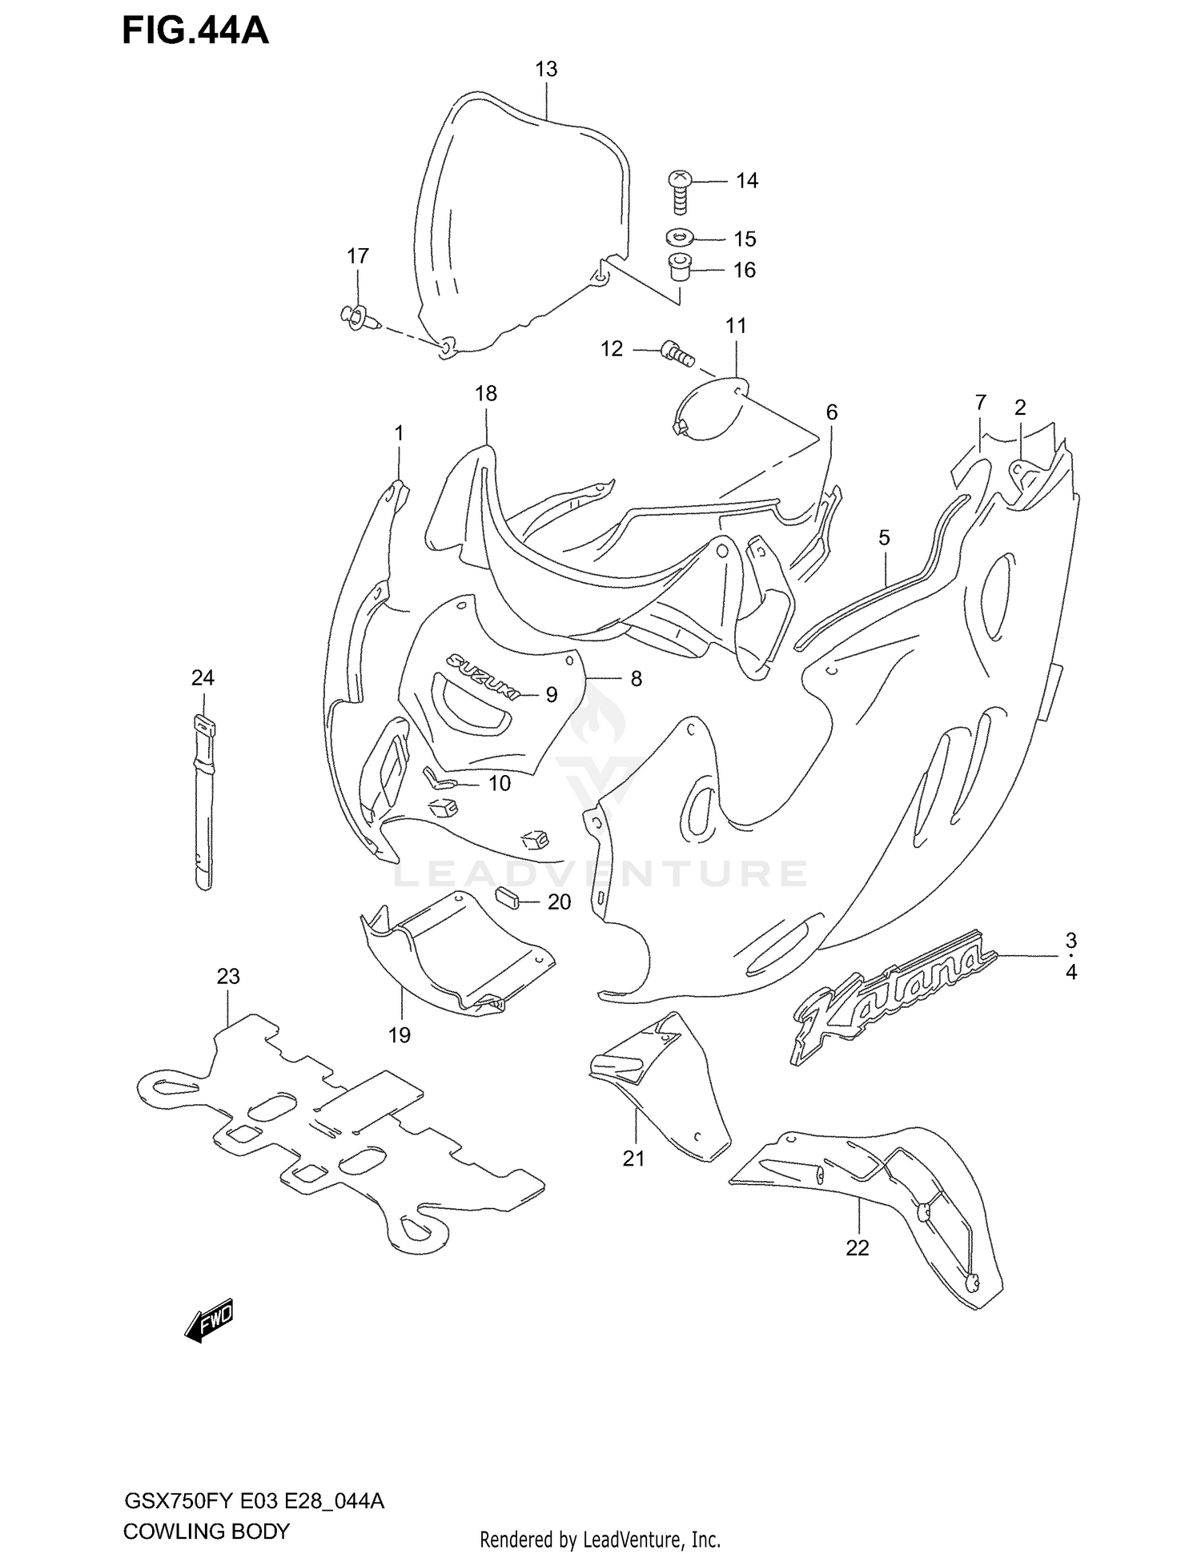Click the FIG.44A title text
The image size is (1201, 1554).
[195, 30]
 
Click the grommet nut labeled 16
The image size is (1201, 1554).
[680, 267]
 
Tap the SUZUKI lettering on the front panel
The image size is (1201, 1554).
[482, 674]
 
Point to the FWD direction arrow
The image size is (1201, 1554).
[209, 1318]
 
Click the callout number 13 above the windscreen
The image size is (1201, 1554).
[546, 70]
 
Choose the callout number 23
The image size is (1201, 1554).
[228, 977]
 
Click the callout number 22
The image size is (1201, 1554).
[857, 1248]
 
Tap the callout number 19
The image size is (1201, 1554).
[399, 1035]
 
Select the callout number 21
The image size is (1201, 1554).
[633, 1158]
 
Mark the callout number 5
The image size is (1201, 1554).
[884, 538]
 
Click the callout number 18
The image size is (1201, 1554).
[486, 394]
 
